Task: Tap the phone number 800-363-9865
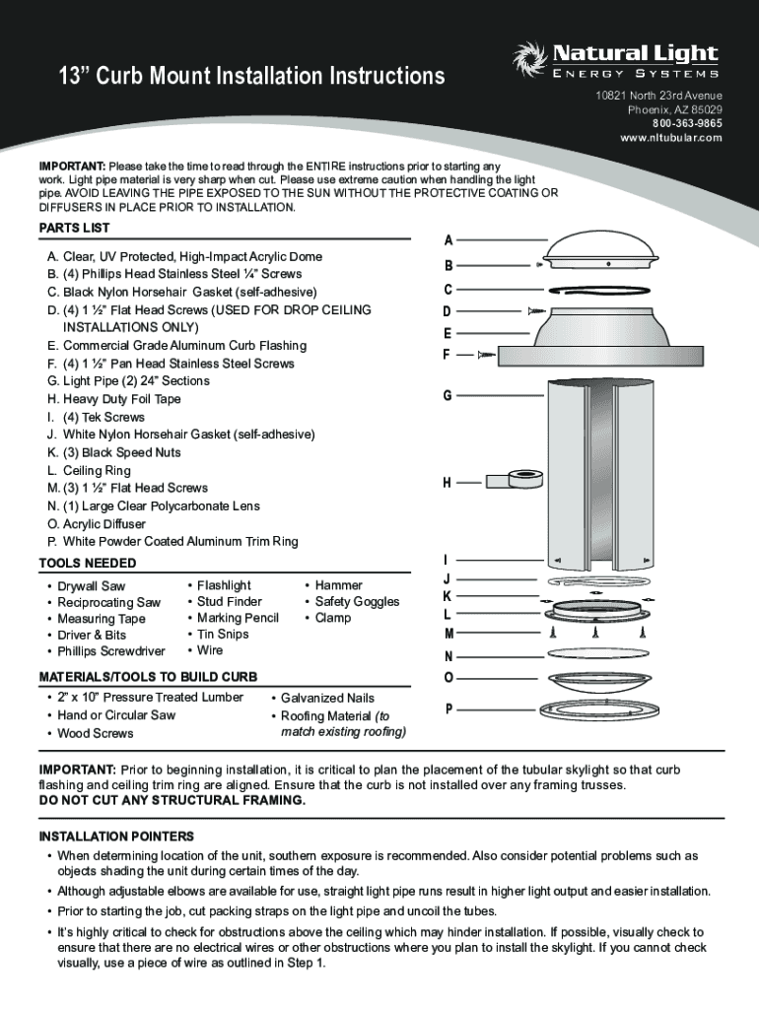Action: (x=686, y=123)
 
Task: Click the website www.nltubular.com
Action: (x=671, y=138)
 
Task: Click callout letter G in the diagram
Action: (x=448, y=395)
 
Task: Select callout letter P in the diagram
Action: (x=449, y=708)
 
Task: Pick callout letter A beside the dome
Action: (x=448, y=240)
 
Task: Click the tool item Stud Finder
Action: (x=230, y=601)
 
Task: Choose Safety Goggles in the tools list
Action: (x=357, y=601)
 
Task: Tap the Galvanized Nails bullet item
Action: (x=327, y=698)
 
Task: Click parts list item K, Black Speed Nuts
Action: (x=113, y=452)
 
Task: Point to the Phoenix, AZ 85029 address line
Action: (x=674, y=109)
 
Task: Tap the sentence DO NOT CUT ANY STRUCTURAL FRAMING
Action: (x=172, y=799)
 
